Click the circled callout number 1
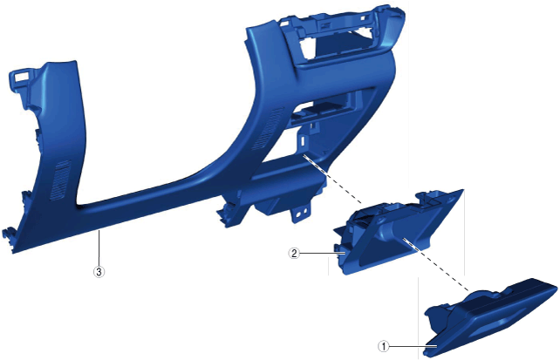pyautogui.click(x=383, y=346)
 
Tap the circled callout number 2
pyautogui.click(x=294, y=254)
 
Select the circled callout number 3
pyautogui.click(x=99, y=272)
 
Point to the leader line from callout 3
pyautogui.click(x=99, y=248)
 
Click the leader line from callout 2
pyautogui.click(x=322, y=254)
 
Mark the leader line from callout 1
pyautogui.click(x=413, y=346)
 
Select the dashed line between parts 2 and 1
pyautogui.click(x=436, y=264)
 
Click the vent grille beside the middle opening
pyautogui.click(x=266, y=128)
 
